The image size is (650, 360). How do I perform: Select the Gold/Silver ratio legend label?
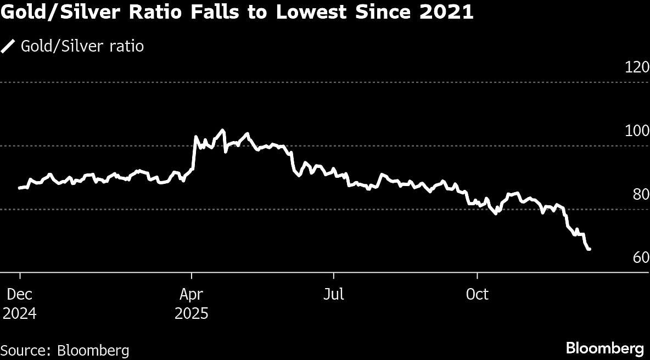(x=82, y=46)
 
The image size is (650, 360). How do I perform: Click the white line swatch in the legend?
(x=8, y=46)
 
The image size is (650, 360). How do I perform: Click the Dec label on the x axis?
(x=20, y=295)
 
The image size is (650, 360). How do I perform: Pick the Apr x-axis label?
(x=191, y=295)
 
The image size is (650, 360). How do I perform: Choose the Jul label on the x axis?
(x=333, y=295)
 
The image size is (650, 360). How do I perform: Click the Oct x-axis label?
(x=477, y=295)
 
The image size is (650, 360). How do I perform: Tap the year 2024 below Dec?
(x=20, y=314)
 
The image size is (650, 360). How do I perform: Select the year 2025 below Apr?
(x=191, y=314)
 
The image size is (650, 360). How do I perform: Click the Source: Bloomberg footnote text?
(x=65, y=350)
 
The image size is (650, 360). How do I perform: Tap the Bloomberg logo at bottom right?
(x=604, y=348)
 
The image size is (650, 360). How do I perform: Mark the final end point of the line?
(x=590, y=249)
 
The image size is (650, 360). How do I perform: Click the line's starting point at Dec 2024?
(x=20, y=188)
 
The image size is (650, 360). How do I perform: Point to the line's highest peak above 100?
(x=222, y=130)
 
